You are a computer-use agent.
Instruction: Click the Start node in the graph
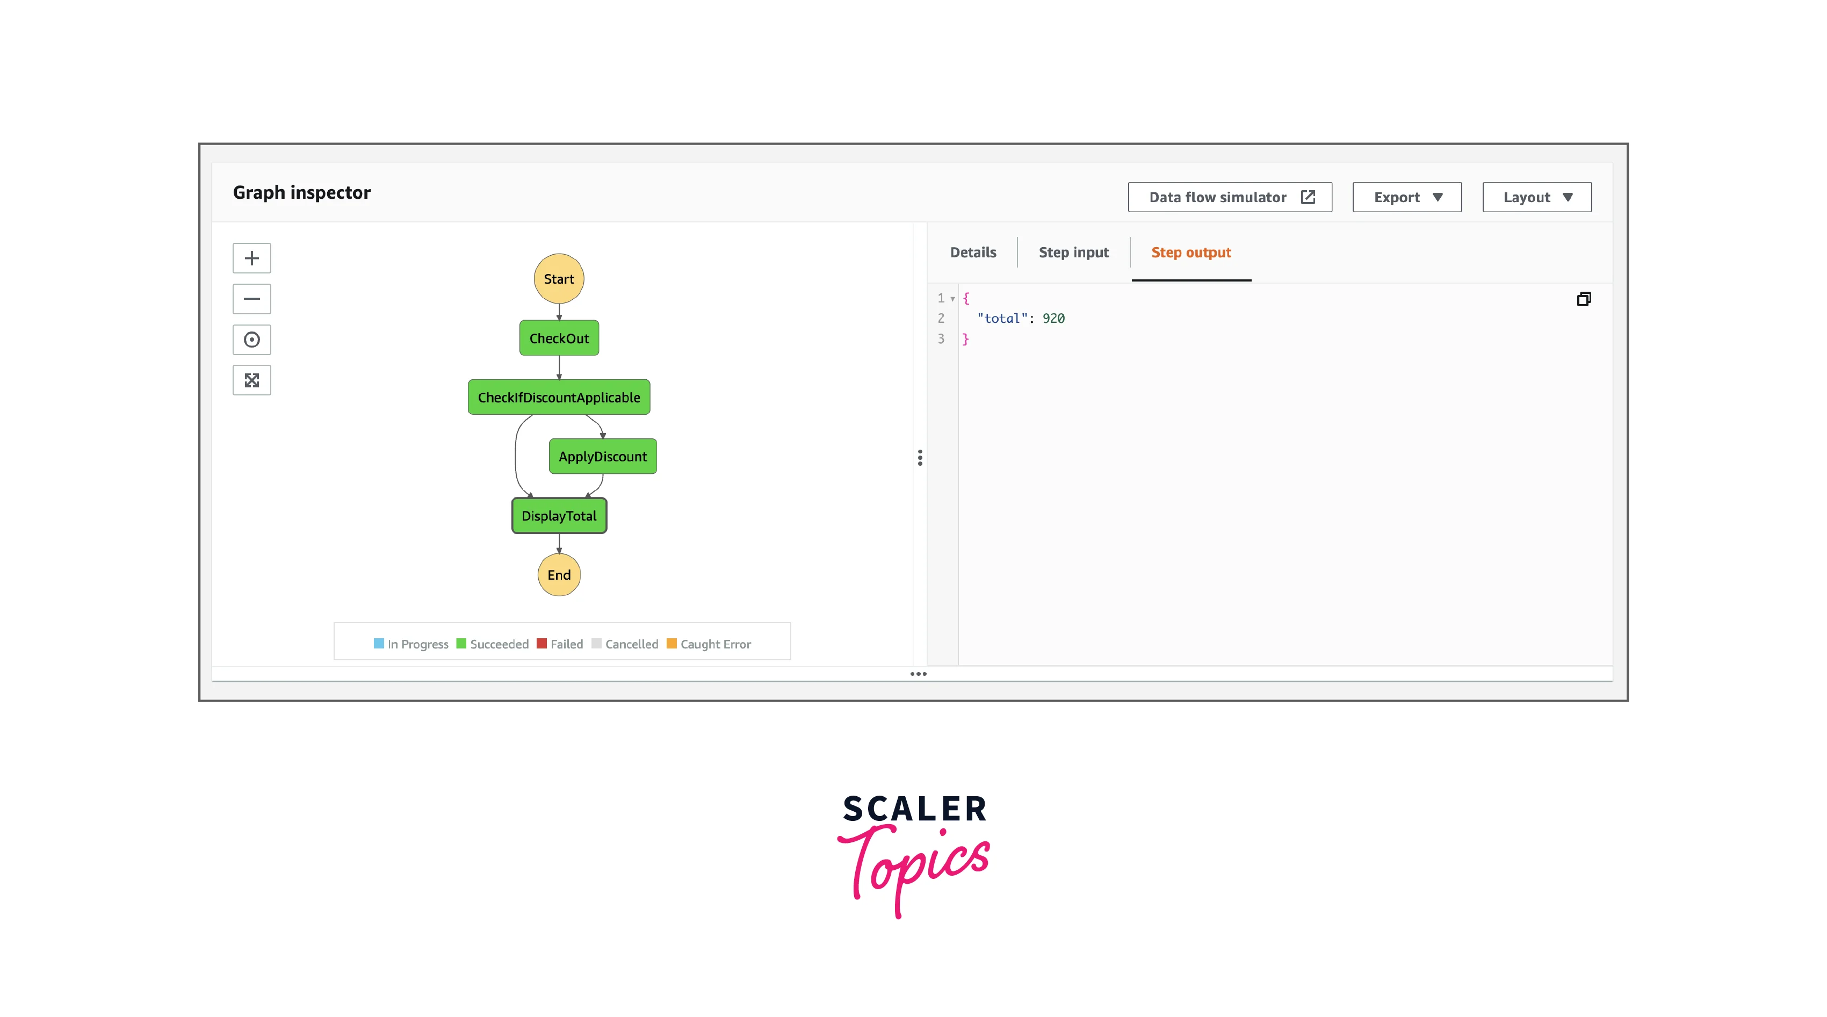coord(559,279)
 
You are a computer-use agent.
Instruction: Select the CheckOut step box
coord(559,338)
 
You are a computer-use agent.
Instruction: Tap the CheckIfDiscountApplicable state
coord(559,397)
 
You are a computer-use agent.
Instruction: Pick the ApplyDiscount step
coord(603,457)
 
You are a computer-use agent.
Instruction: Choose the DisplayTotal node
coord(559,516)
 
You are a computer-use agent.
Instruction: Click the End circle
coord(559,574)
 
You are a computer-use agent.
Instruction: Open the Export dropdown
coord(1407,197)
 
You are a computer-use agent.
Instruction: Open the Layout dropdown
coord(1537,197)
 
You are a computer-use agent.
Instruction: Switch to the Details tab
coord(973,253)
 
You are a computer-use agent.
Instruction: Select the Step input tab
coord(1074,253)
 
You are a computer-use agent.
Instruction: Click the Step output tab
coord(1191,253)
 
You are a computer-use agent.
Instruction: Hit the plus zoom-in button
coord(252,258)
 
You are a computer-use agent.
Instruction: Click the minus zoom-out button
coord(252,299)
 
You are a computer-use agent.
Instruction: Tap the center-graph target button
coord(252,340)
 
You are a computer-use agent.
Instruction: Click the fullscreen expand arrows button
coord(252,380)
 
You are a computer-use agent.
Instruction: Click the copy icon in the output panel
coord(1584,299)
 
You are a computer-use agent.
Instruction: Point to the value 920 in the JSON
coord(1053,319)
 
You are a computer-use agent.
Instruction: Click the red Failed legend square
coord(542,643)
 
